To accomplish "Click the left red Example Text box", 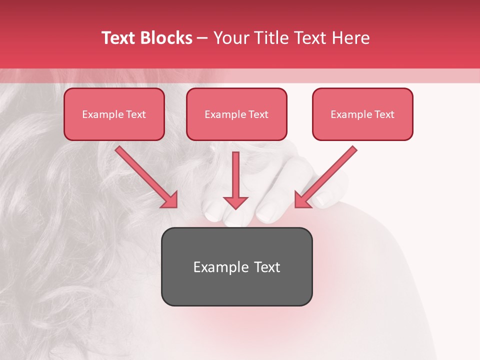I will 114,114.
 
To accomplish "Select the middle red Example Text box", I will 236,114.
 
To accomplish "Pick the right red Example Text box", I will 362,114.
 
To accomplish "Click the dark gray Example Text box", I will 236,266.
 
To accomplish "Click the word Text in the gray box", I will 266,267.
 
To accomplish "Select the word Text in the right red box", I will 384,114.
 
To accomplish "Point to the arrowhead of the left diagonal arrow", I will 170,200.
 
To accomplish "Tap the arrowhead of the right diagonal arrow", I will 302,200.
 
